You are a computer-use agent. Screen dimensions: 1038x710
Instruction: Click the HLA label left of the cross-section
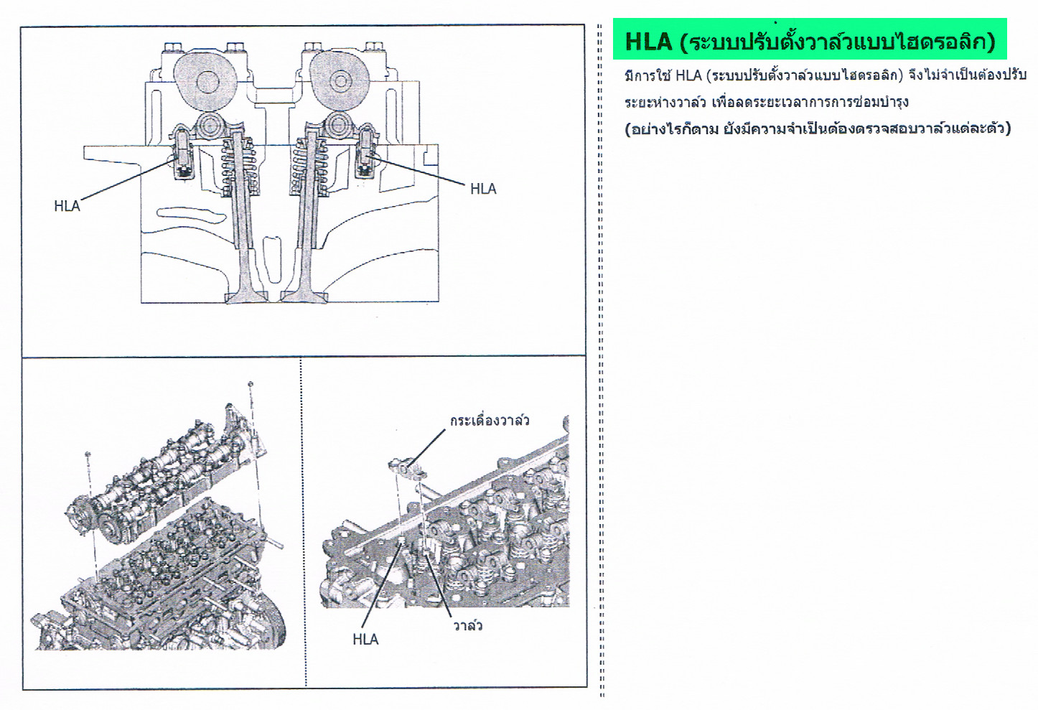[x=67, y=206]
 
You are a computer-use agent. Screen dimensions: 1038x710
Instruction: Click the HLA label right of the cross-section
[x=483, y=189]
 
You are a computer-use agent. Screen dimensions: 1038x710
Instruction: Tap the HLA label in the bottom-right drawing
[x=365, y=640]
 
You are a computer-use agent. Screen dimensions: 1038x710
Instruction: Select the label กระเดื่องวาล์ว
[x=490, y=421]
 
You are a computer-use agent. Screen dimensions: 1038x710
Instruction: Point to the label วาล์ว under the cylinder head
[x=467, y=626]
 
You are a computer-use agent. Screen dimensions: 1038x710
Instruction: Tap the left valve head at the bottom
[x=246, y=297]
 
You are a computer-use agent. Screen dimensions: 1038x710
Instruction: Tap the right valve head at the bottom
[x=304, y=297]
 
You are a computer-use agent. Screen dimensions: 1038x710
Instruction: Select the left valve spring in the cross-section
[x=238, y=167]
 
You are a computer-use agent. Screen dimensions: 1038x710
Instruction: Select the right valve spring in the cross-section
[x=309, y=167]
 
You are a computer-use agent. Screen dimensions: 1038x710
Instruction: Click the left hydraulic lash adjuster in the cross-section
[x=183, y=153]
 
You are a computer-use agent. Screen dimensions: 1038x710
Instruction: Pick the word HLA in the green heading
[x=648, y=41]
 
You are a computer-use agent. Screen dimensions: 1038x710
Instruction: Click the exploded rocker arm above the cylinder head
[x=408, y=467]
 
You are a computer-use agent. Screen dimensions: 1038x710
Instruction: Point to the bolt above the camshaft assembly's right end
[x=251, y=384]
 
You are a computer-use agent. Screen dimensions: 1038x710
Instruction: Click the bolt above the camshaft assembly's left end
[x=88, y=454]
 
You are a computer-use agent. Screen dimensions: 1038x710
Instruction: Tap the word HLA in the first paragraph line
[x=688, y=75]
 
